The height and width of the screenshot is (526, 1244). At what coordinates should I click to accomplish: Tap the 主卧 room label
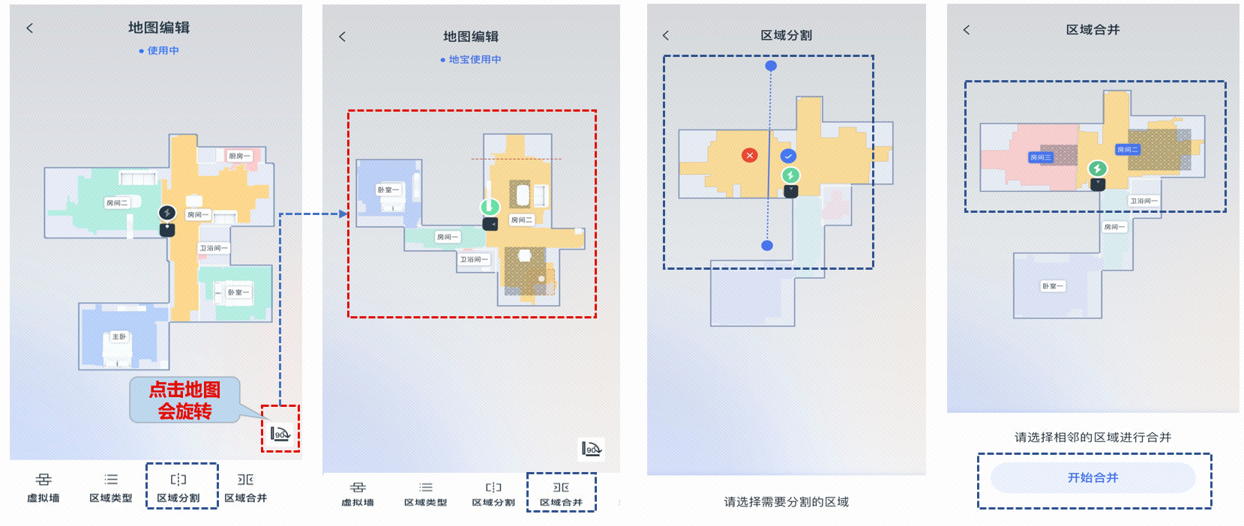click(119, 337)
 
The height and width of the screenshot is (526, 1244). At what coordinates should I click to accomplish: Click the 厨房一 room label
click(240, 156)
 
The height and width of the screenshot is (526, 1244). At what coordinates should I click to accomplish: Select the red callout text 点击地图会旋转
click(184, 400)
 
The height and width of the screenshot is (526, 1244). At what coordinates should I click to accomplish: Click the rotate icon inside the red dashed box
click(280, 434)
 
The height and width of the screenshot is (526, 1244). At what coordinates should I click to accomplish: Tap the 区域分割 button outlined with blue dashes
click(178, 488)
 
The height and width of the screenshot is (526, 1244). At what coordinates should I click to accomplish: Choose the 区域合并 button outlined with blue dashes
click(561, 494)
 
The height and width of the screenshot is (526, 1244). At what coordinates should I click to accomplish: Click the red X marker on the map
click(749, 155)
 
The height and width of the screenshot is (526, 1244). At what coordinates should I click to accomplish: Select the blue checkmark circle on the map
click(788, 156)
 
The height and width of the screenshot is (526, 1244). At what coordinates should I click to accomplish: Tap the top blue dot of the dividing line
click(771, 66)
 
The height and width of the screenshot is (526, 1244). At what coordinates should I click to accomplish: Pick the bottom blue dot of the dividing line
click(766, 246)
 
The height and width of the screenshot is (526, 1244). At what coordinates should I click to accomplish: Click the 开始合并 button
click(1093, 477)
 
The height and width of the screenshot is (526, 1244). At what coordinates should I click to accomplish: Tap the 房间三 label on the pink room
click(1041, 157)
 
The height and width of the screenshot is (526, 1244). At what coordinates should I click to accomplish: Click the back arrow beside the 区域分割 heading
click(666, 35)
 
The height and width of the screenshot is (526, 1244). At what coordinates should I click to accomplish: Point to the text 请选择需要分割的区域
click(786, 502)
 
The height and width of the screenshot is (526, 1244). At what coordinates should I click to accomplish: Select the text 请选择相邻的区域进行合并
click(1093, 437)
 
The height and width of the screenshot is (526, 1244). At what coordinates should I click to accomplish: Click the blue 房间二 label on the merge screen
click(1127, 150)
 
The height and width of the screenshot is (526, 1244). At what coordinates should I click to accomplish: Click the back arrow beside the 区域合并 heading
click(967, 30)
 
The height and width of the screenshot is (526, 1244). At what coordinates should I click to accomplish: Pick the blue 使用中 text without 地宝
click(163, 51)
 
